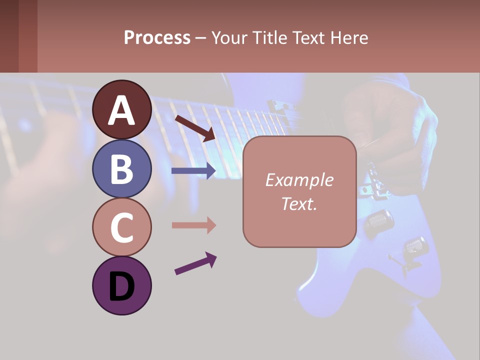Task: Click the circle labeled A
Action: click(x=121, y=109)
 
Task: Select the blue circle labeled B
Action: click(x=121, y=168)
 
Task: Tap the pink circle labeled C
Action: click(x=121, y=227)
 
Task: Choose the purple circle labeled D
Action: click(x=121, y=285)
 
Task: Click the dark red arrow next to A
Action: click(x=194, y=128)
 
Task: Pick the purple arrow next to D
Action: click(x=195, y=264)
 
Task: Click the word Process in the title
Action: click(x=157, y=37)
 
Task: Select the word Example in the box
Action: click(x=299, y=180)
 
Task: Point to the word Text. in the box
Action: click(x=299, y=203)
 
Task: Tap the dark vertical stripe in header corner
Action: click(x=28, y=36)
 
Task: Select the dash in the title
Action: click(x=200, y=38)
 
